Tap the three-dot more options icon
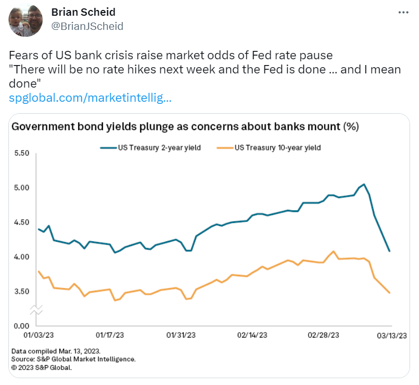click(x=403, y=12)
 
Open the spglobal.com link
click(x=91, y=98)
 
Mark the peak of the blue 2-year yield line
click(x=364, y=185)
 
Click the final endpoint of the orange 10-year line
click(x=389, y=293)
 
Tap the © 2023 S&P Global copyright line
click(x=41, y=368)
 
